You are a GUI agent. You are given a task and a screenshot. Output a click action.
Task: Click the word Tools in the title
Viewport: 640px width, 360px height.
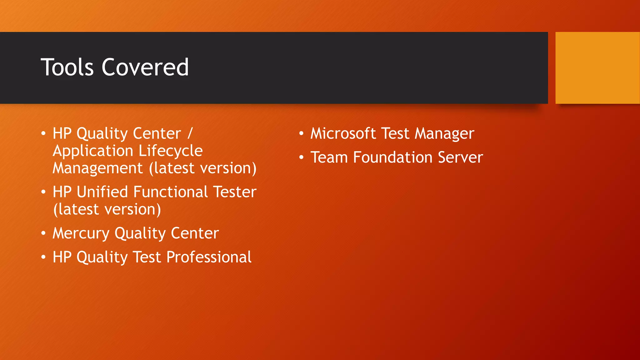coord(67,67)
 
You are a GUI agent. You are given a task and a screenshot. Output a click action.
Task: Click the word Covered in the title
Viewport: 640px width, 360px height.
coord(145,67)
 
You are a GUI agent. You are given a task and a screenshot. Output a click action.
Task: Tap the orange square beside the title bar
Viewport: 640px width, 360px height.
coord(597,68)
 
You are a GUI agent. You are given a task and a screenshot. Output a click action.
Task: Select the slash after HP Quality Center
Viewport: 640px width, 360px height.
coord(190,133)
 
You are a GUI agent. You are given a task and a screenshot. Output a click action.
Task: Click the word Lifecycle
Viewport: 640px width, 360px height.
coord(171,151)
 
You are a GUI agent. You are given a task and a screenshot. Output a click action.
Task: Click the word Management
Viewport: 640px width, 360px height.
coord(97,168)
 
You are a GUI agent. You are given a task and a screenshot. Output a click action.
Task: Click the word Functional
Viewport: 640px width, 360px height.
coord(171,192)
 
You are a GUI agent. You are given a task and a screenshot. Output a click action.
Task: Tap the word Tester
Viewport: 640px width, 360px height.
coord(235,192)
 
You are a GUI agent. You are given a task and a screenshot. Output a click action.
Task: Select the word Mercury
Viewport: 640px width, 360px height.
coord(81,233)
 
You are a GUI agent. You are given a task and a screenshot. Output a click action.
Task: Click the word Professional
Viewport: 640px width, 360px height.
coord(209,257)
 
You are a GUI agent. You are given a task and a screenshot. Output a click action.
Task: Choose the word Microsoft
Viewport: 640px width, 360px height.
coord(343,133)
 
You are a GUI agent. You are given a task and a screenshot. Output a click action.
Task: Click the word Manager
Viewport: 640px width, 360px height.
coord(444,134)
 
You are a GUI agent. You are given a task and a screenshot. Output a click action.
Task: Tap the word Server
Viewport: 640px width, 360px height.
coord(460,157)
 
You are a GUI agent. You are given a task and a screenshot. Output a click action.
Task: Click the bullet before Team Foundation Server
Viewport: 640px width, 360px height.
coord(301,157)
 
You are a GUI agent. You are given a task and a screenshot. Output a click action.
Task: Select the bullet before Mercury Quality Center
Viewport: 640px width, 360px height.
coord(43,233)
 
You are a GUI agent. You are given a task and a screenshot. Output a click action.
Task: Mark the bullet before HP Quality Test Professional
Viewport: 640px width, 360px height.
coord(43,257)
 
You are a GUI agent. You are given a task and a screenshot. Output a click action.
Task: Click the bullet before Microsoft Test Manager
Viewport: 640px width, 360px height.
coord(301,134)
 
